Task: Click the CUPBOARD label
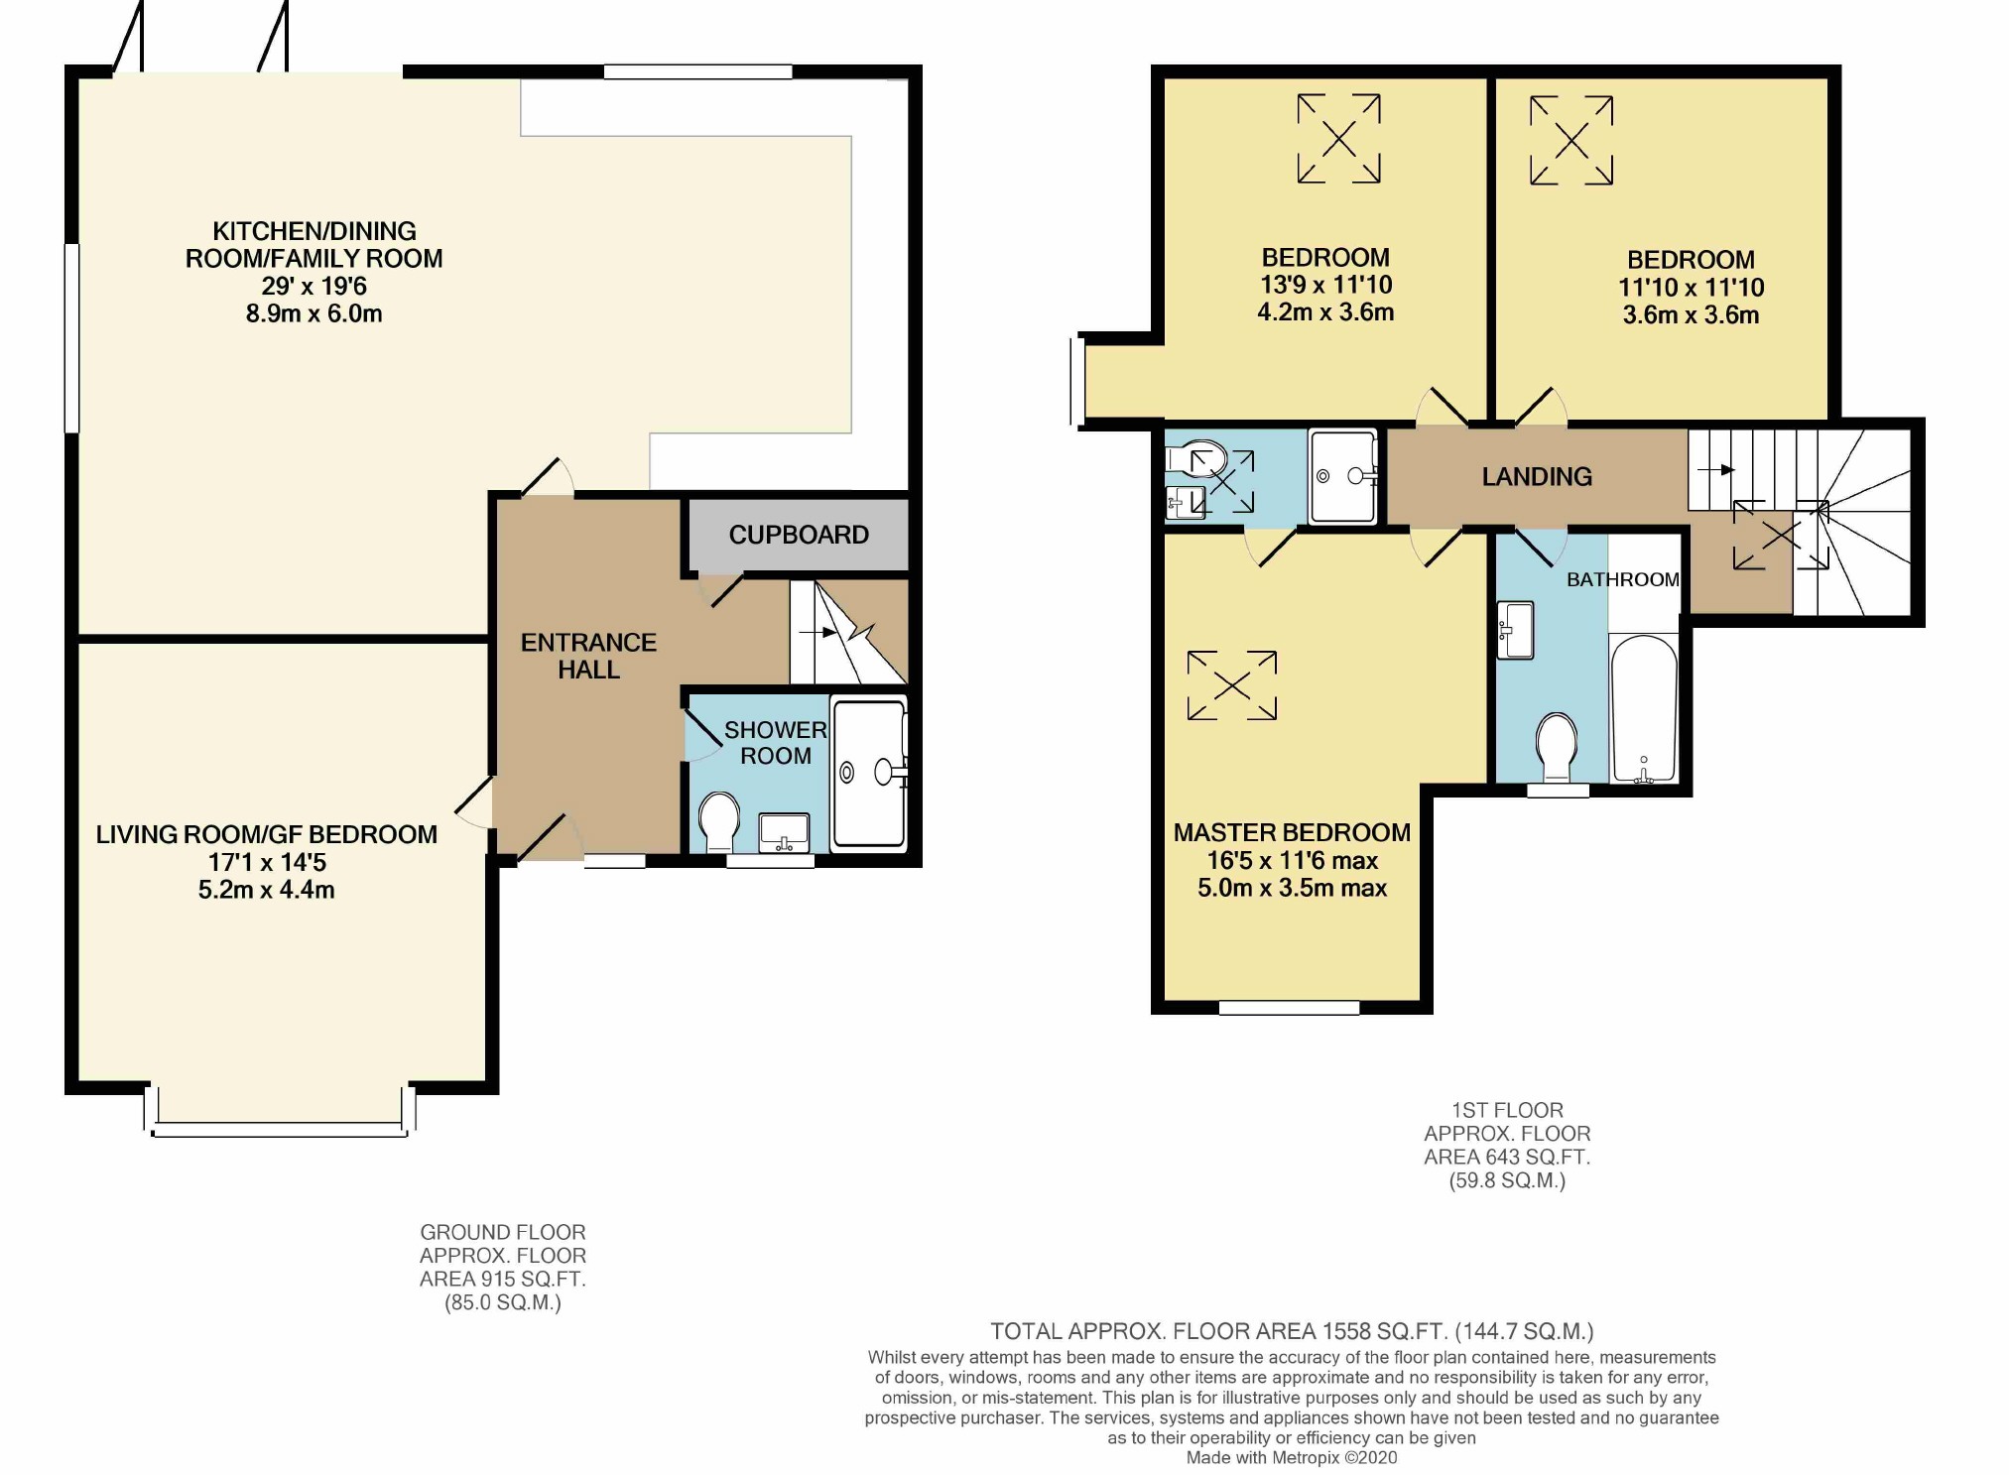pos(798,535)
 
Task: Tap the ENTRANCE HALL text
pos(588,656)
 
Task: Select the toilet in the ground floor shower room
pos(718,821)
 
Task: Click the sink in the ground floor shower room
pos(783,832)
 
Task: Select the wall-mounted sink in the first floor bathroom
pos(1516,630)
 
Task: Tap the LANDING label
pos(1536,477)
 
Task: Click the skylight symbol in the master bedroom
pos(1231,685)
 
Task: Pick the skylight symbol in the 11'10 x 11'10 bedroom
pos(1570,141)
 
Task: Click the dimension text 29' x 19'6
pos(314,287)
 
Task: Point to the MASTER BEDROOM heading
pos(1291,832)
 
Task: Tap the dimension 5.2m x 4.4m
pos(266,890)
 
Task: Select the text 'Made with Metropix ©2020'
pos(1291,1457)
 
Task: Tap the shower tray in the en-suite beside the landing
pos(1342,476)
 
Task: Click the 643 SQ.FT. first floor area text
pos(1506,1157)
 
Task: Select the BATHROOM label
pos(1622,579)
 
